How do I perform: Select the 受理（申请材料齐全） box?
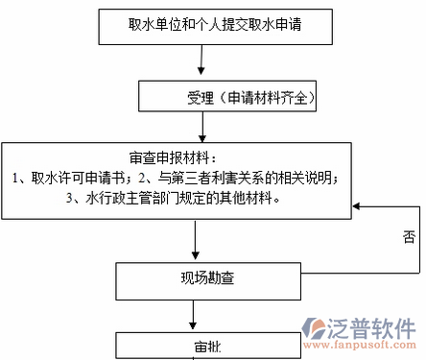[x=227, y=98]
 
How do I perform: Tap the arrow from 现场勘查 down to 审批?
[x=196, y=314]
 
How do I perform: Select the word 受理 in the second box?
[x=201, y=98]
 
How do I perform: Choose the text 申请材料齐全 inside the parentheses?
[x=265, y=98]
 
